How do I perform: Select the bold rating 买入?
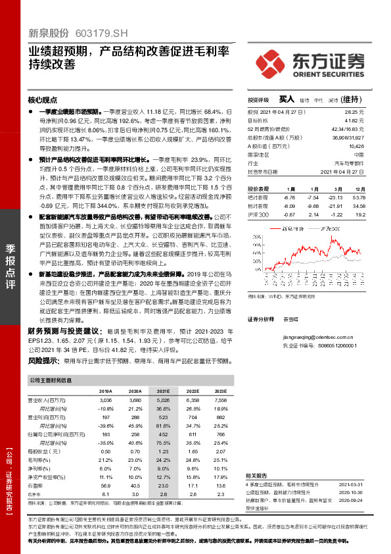287,99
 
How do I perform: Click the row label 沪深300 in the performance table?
259,214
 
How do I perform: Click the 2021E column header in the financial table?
162,390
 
